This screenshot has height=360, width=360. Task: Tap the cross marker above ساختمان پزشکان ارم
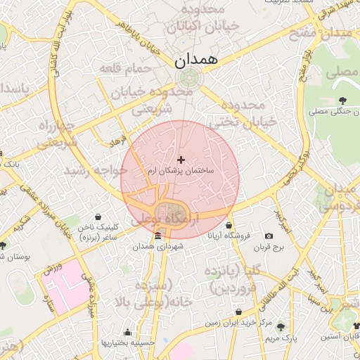tap(181, 160)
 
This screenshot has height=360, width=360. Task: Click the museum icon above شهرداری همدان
tap(157, 236)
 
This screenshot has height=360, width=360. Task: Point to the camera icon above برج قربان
tap(269, 236)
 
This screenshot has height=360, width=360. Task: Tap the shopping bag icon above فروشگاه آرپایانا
tap(229, 226)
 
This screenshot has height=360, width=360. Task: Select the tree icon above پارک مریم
tap(281, 327)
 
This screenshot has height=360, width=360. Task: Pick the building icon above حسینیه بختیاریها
tap(127, 333)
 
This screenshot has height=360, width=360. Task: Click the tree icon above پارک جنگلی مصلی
tap(342, 101)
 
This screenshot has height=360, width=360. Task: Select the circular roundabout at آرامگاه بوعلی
tap(171, 213)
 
